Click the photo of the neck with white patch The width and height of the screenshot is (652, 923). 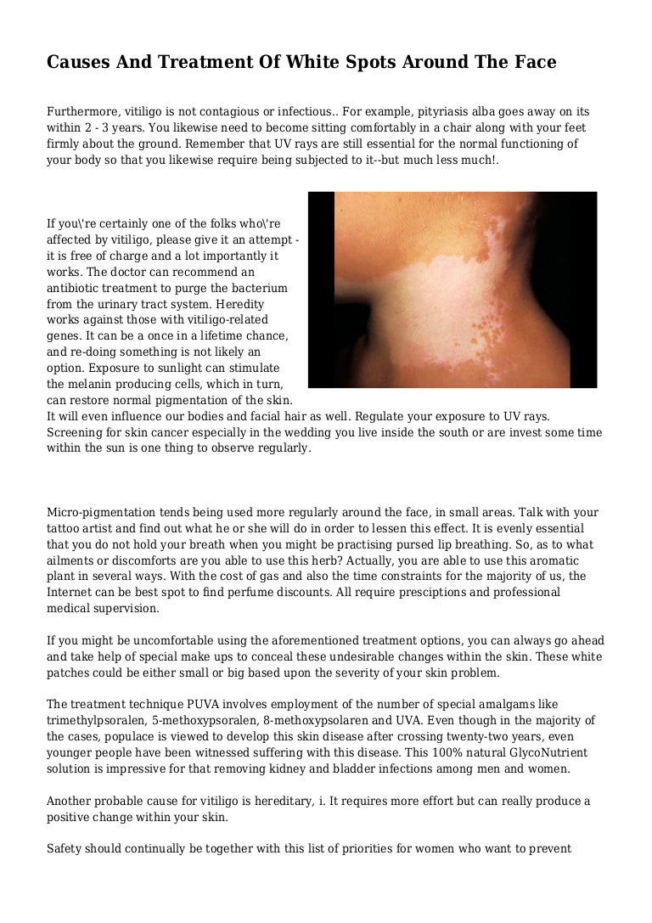pyautogui.click(x=452, y=290)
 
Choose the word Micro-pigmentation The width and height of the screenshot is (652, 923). pyautogui.click(x=99, y=513)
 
